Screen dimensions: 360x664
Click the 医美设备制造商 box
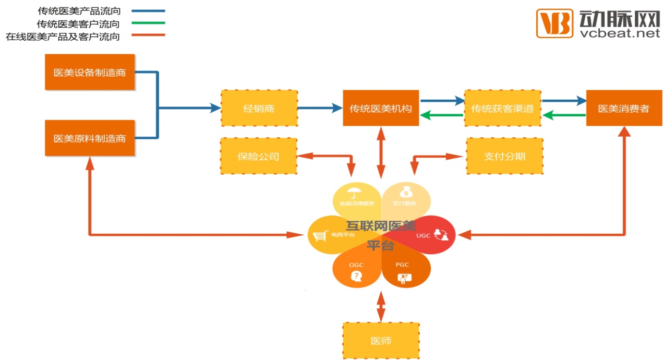(90, 73)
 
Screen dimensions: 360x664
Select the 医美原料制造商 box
(90, 138)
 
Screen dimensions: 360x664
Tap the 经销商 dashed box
(259, 109)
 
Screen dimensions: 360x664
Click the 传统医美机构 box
(381, 109)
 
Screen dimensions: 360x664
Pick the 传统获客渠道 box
(502, 109)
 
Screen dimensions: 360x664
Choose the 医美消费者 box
(624, 109)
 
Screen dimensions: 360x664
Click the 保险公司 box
(259, 156)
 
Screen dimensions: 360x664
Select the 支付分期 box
(504, 156)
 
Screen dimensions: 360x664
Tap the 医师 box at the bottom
(381, 341)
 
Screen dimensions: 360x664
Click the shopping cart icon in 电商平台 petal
(319, 236)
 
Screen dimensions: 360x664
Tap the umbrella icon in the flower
(356, 192)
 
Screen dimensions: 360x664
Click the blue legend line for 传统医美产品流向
(148, 10)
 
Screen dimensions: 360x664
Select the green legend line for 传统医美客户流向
(148, 23)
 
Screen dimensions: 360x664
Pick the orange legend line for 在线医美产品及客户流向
(148, 35)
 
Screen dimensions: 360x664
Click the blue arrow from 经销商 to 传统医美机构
(320, 109)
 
